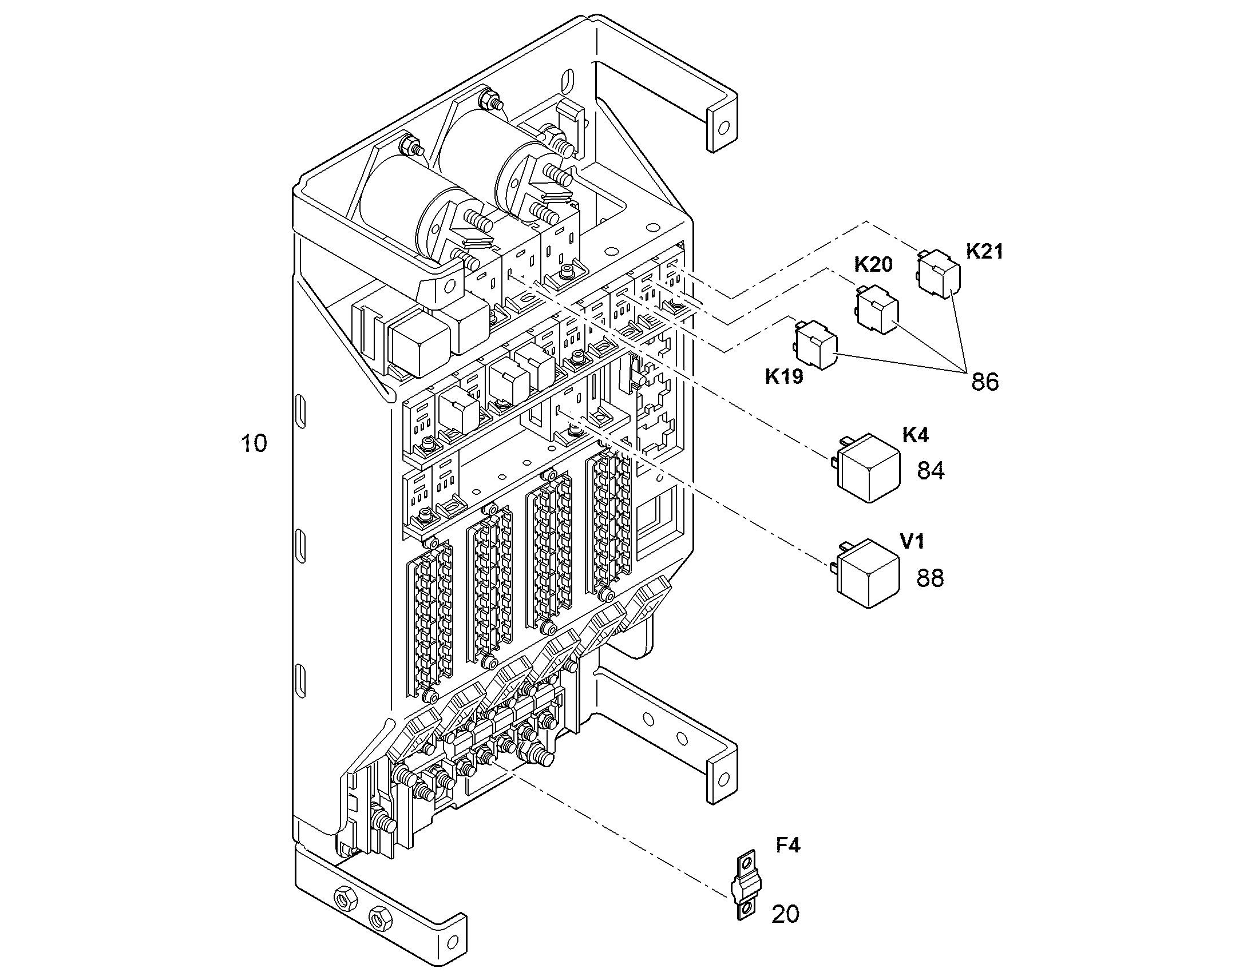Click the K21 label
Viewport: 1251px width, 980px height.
984,251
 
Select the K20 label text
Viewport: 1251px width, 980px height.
873,264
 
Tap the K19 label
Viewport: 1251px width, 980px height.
784,376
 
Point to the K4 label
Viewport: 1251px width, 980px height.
915,435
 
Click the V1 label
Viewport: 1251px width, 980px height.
912,541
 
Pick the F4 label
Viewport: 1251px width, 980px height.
788,845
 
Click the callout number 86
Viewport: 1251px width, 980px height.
985,382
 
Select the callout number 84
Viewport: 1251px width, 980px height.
930,470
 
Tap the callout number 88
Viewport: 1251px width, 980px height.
929,578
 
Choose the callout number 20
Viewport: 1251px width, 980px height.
785,914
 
